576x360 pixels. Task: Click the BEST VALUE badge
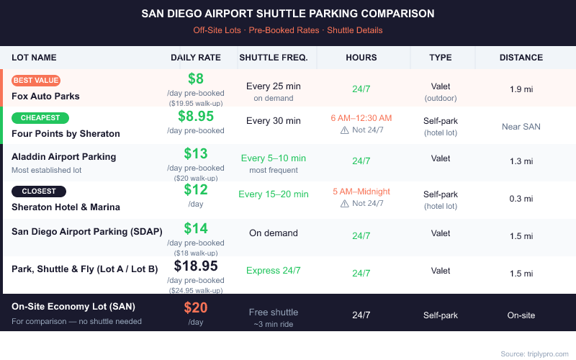pyautogui.click(x=36, y=81)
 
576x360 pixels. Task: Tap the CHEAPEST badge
pyautogui.click(x=40, y=118)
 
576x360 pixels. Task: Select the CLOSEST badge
pyautogui.click(x=39, y=192)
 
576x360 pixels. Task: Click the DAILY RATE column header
pyautogui.click(x=195, y=58)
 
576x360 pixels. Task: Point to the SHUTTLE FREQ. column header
pyautogui.click(x=273, y=58)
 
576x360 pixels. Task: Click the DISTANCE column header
pyautogui.click(x=521, y=58)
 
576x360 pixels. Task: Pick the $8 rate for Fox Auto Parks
pyautogui.click(x=196, y=79)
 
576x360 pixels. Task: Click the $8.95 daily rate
pyautogui.click(x=196, y=117)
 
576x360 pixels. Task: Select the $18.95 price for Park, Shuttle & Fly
pyautogui.click(x=196, y=266)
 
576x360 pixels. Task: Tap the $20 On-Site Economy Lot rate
pyautogui.click(x=196, y=307)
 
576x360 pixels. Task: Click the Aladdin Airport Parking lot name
pyautogui.click(x=63, y=156)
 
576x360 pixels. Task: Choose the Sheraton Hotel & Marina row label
pyautogui.click(x=66, y=207)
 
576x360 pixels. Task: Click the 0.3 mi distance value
pyautogui.click(x=521, y=199)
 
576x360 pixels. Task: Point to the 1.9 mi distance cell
pyautogui.click(x=521, y=89)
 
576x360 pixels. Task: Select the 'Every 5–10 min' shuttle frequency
pyautogui.click(x=273, y=158)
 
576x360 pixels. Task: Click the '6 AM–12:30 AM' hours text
pyautogui.click(x=361, y=118)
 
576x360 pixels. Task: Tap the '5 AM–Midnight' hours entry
pyautogui.click(x=361, y=192)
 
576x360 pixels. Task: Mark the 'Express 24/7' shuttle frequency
pyautogui.click(x=273, y=271)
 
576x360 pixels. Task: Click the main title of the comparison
pyautogui.click(x=288, y=14)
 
